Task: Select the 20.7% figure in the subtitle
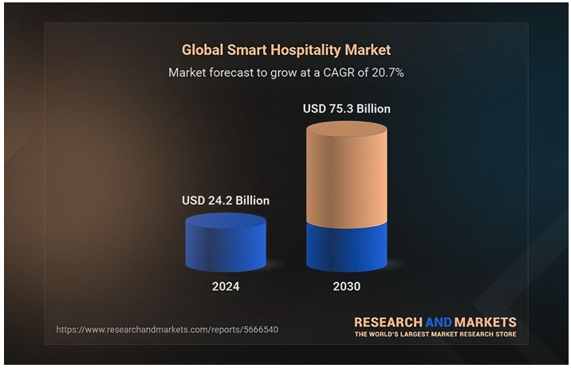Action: coord(387,72)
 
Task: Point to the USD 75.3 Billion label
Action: coord(347,108)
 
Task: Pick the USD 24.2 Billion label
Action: coord(226,201)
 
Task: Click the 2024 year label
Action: coord(226,286)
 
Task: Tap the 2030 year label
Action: coord(346,286)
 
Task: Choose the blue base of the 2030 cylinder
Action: coord(347,247)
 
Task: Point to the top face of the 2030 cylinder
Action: coord(347,128)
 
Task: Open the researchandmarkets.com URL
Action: coord(167,329)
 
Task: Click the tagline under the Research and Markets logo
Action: coord(435,335)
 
